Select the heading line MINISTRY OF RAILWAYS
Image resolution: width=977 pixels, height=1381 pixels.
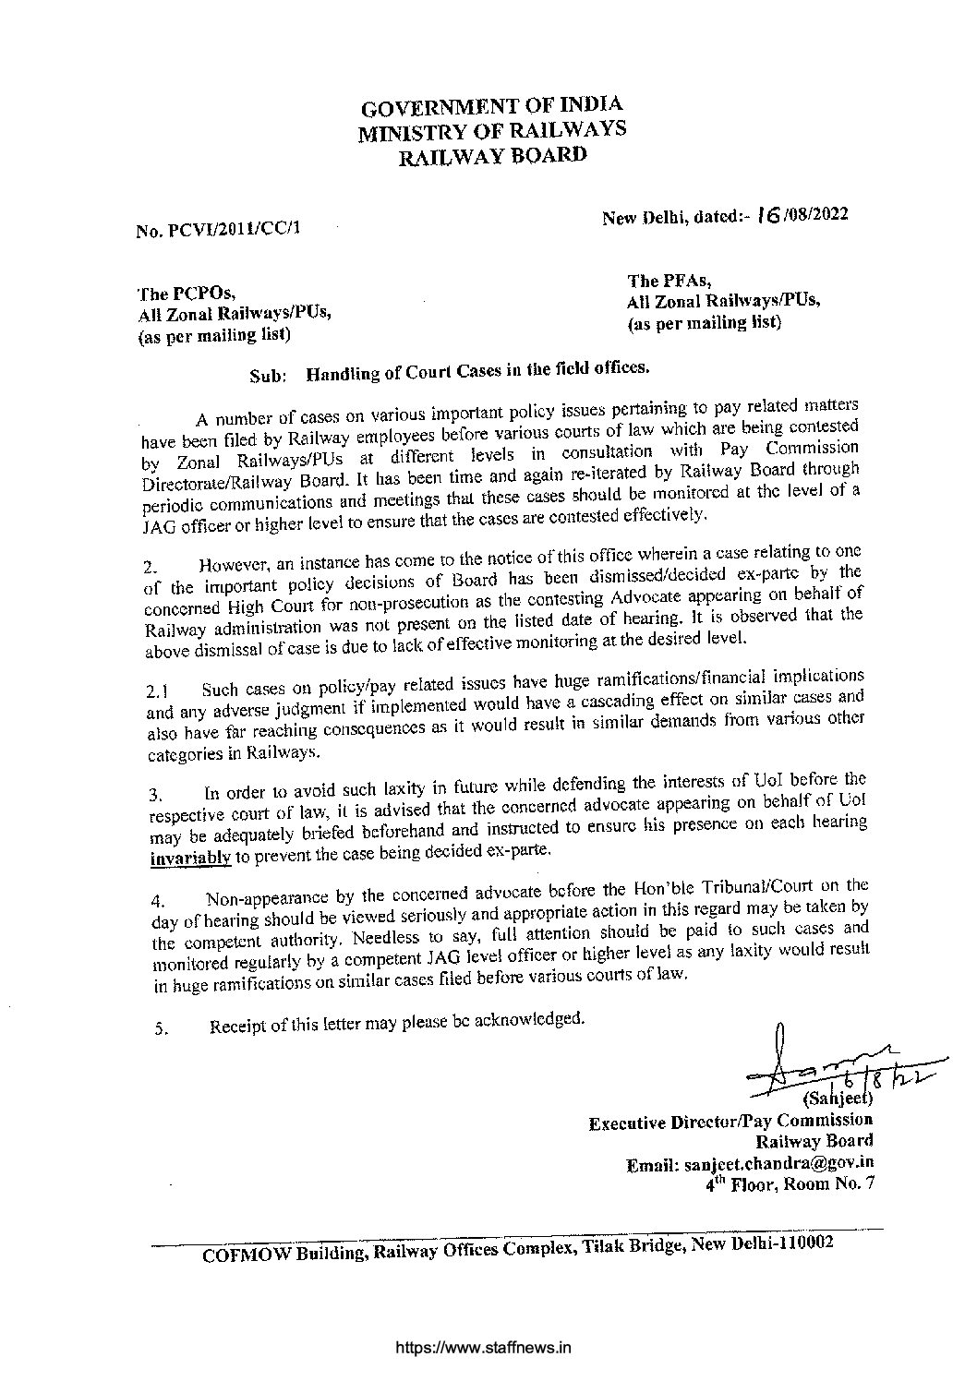(x=492, y=130)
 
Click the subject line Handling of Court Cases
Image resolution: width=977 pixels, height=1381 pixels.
(x=478, y=372)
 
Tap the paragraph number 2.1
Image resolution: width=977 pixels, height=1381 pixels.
(x=157, y=690)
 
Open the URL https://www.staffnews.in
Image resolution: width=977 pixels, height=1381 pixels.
(x=483, y=1347)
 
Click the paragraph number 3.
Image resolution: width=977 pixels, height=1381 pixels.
(x=156, y=794)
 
